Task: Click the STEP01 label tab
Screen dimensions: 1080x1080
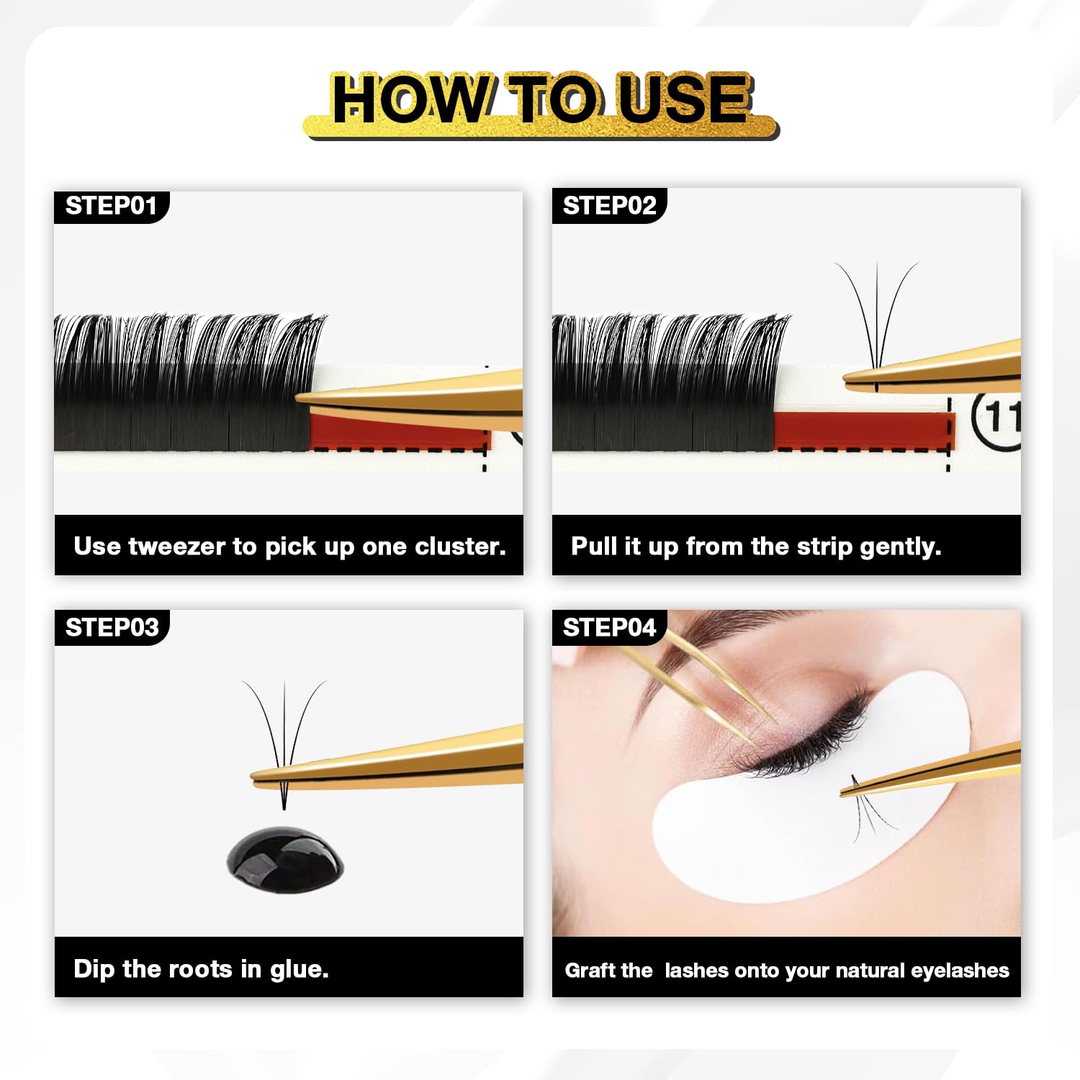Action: [x=111, y=207]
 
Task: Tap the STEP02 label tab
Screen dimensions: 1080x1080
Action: [x=609, y=206]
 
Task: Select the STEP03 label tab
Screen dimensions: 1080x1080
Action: [x=112, y=628]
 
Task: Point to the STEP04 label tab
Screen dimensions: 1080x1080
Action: [x=609, y=628]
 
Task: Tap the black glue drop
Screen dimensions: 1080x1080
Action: [x=285, y=860]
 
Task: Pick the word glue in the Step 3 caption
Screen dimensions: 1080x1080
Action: [x=299, y=969]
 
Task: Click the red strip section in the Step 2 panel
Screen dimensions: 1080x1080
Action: [x=863, y=431]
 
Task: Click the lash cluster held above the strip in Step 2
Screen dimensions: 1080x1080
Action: [x=877, y=324]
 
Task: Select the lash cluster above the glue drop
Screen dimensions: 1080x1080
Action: [x=284, y=742]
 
